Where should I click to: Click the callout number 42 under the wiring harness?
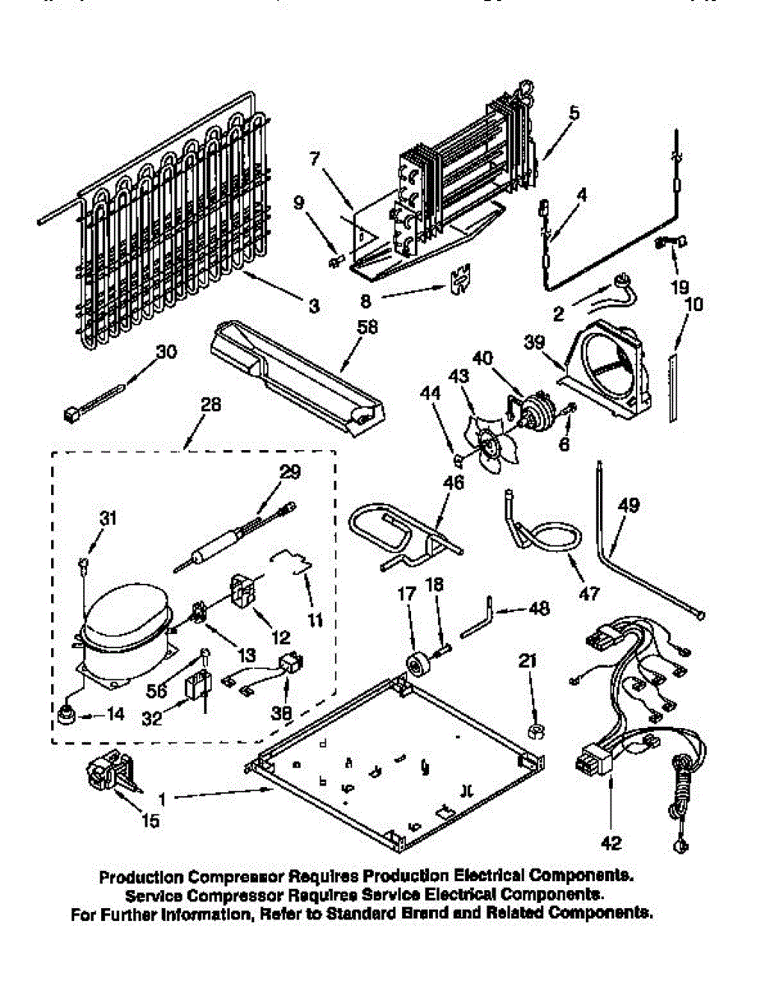(611, 843)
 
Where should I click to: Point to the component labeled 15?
(107, 773)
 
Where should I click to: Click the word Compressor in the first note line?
(233, 877)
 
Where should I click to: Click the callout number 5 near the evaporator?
(574, 114)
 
